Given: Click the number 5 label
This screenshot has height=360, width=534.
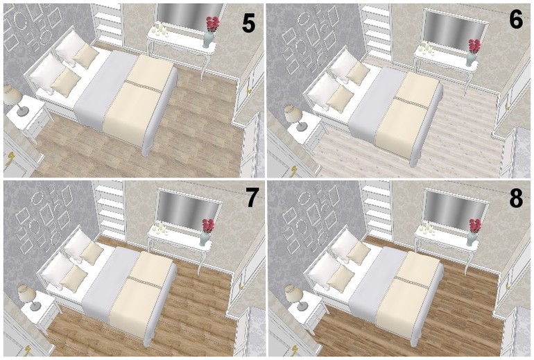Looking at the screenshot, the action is (x=248, y=24).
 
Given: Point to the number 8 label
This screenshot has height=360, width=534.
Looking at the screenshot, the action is (x=516, y=198).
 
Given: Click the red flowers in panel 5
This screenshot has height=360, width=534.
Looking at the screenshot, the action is (x=213, y=24).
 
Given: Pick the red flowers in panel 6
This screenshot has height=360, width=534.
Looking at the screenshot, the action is (x=474, y=46).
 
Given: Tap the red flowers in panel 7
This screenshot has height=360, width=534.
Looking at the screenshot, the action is (x=208, y=225).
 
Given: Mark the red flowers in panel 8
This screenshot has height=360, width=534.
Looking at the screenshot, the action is (x=475, y=225).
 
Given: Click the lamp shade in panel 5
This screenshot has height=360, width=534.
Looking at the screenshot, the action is (x=13, y=94).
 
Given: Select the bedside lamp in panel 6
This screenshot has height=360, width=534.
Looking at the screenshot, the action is (x=295, y=117).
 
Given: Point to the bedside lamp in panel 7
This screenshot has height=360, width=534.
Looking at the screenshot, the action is (x=30, y=298).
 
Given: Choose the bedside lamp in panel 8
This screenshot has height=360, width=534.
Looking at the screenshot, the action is (x=295, y=298).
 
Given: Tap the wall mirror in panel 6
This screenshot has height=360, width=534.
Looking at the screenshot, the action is (x=455, y=28).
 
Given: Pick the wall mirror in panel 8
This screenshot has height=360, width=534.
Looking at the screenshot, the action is (x=456, y=208).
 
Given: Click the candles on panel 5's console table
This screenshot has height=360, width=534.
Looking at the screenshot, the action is (x=160, y=29).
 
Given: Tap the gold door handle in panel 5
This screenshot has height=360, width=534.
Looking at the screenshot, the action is (x=10, y=158).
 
